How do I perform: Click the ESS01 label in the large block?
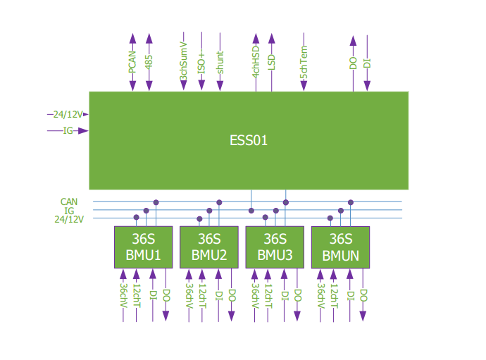249,140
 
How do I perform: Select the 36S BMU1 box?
143,247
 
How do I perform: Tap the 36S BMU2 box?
208,247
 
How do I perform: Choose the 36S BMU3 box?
275,247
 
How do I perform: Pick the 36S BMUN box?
341,247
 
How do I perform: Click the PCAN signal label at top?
132,63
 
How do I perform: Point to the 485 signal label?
149,63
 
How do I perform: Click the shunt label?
220,63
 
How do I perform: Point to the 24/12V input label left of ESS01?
68,114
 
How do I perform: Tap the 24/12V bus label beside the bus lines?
69,219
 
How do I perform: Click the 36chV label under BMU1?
123,297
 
